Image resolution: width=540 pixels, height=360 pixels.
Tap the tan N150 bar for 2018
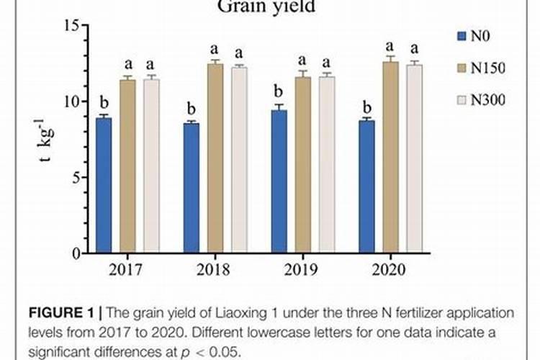215,158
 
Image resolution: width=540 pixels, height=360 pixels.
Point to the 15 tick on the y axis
71,26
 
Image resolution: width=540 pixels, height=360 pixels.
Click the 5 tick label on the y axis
74,177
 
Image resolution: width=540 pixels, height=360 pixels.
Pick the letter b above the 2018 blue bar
192,107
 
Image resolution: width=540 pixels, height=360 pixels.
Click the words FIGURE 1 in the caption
60,313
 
